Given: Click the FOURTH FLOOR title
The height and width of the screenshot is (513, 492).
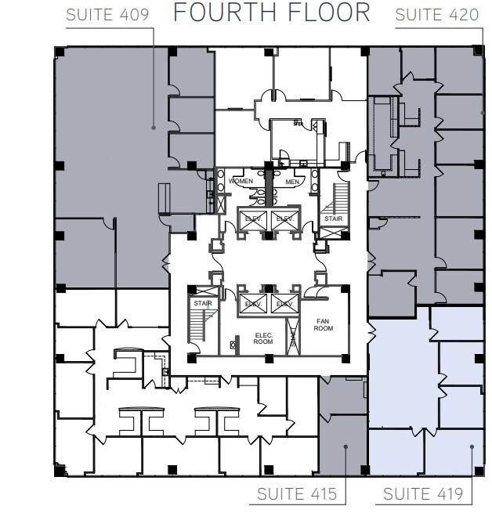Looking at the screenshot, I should point(272,13).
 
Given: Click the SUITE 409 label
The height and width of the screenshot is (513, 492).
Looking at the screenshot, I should point(110,15).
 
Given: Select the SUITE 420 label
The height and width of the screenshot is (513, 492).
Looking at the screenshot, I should point(438,15).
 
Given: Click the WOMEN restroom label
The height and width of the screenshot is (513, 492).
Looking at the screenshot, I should point(241,182).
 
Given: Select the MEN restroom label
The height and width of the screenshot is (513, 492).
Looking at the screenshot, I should point(293,182).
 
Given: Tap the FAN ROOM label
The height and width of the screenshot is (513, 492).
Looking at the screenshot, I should point(324,323).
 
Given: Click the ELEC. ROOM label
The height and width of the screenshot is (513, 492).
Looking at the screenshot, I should point(262,338).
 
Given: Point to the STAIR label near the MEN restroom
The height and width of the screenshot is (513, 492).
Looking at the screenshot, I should point(333,219).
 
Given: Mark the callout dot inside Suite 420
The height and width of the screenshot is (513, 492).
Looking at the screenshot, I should point(483,114).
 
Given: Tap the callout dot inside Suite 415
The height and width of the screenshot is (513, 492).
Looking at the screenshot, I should point(345,448).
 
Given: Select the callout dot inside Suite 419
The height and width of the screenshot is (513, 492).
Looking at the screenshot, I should point(472,447).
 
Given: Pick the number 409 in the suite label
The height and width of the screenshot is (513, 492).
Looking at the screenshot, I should point(134,15).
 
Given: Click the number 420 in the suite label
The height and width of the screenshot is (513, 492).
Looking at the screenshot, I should point(462,15).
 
